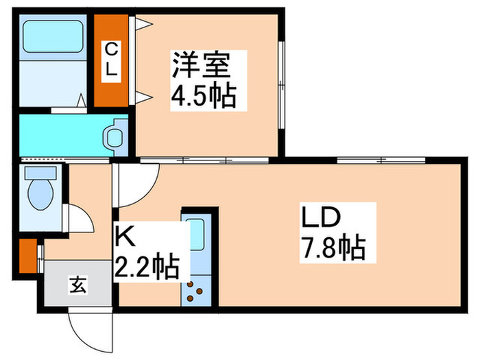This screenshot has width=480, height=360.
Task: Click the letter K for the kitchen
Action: tap(123, 237)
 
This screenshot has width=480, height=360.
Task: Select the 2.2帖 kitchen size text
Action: tap(147, 265)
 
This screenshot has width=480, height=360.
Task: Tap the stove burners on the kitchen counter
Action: tap(195, 291)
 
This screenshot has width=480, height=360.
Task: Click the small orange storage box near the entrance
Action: tap(27, 254)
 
